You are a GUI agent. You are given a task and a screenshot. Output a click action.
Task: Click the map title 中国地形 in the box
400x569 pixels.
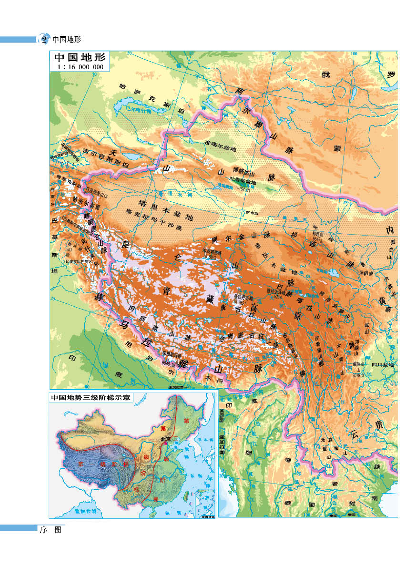point(80,57)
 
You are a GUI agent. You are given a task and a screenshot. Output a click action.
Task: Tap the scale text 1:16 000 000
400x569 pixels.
point(80,67)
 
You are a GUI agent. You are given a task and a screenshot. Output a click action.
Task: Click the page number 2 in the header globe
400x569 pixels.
point(44,39)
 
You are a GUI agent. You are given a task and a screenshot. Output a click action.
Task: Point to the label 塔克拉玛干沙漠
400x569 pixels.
point(153,219)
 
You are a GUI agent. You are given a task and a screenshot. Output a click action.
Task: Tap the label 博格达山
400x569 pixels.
point(244,172)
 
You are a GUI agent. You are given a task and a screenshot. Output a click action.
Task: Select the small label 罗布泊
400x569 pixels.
point(252,213)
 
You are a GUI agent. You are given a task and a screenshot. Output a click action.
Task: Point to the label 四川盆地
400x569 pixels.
point(383,365)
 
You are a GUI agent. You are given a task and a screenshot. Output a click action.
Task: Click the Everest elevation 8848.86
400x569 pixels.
point(168,364)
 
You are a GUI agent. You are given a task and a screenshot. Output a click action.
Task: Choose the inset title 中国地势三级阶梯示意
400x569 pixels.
point(91,398)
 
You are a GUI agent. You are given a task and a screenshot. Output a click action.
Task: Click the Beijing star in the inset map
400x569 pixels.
point(165,443)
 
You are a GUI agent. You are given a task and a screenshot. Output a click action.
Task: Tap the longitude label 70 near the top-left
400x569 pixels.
point(94,74)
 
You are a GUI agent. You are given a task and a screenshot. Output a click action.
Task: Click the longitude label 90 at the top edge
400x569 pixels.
point(274,54)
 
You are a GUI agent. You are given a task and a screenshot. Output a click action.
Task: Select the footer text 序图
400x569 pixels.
point(51,530)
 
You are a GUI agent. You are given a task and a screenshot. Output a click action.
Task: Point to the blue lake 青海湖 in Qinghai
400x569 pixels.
point(333,272)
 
